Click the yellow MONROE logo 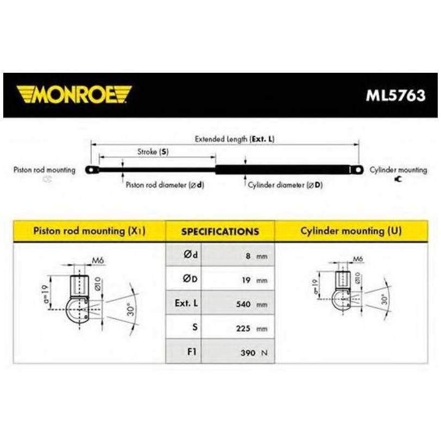click(x=74, y=94)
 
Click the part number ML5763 click(x=395, y=96)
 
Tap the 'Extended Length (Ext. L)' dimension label click(x=235, y=139)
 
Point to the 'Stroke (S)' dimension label click(x=153, y=152)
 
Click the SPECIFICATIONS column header click(x=220, y=231)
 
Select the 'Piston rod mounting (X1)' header click(x=89, y=231)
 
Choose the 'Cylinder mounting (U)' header click(x=351, y=231)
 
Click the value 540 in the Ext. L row click(x=243, y=304)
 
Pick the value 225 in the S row click(x=243, y=328)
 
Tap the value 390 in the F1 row click(x=248, y=352)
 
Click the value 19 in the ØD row click(x=246, y=280)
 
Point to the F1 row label click(x=192, y=351)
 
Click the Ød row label click(x=191, y=255)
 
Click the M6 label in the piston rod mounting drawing click(x=98, y=261)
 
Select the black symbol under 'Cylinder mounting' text click(x=398, y=179)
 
